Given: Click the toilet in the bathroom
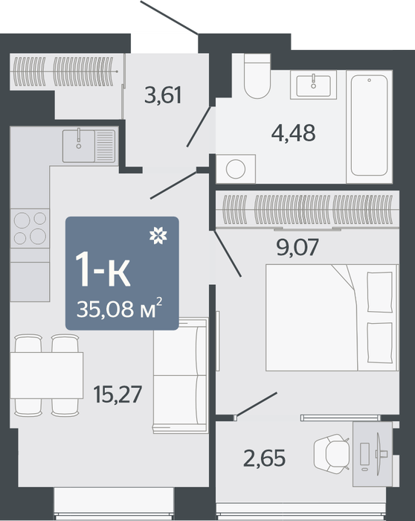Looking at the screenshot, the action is [x=257, y=76].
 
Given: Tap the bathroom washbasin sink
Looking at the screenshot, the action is [x=313, y=85].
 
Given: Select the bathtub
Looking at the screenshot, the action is [x=369, y=127].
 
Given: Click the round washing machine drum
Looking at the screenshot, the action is [x=236, y=169].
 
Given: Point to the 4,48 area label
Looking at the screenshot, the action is [x=293, y=132].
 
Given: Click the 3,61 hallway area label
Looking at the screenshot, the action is [x=163, y=95].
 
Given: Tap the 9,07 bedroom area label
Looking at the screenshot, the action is [x=297, y=247].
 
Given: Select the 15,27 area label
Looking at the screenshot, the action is [x=118, y=394].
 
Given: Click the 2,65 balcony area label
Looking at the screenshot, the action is [x=264, y=458].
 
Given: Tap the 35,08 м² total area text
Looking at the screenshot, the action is [x=120, y=309].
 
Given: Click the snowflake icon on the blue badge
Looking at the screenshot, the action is [x=158, y=236].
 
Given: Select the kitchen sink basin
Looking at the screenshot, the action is [x=79, y=146].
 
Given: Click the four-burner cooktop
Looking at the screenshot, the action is [x=30, y=228].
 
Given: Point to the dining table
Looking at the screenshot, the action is [x=46, y=375].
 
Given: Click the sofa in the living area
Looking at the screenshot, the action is [x=180, y=375].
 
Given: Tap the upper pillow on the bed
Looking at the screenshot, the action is [x=380, y=292].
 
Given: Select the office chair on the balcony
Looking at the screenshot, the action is [x=332, y=453].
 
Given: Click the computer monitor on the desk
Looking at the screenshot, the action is [x=379, y=453].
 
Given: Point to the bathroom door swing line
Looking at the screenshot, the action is [x=199, y=127].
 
